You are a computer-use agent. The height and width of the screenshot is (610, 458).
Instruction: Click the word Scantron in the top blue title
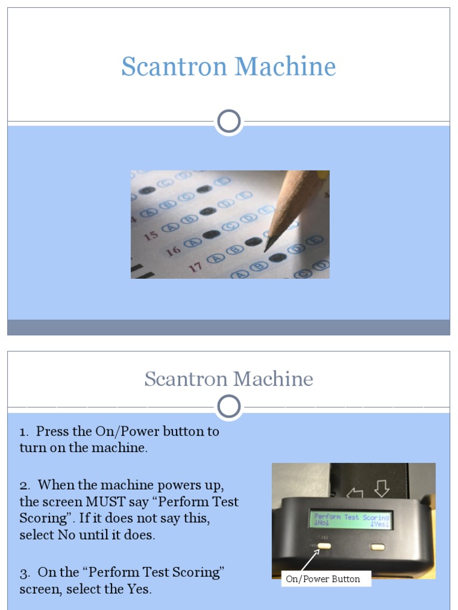pos(174,67)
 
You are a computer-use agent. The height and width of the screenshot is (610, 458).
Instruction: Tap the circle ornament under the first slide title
pos(228,122)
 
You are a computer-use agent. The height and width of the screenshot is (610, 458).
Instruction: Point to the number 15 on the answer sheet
pos(151,235)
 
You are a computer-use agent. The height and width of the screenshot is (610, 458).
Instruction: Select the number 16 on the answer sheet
pos(173,250)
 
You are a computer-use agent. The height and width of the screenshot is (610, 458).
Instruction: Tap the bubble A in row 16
pos(192,242)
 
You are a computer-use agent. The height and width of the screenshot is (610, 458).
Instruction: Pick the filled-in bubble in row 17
pos(277,257)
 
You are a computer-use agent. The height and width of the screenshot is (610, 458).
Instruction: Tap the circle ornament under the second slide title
pos(228,407)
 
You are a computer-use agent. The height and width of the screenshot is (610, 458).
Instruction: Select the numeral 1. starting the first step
pos(24,431)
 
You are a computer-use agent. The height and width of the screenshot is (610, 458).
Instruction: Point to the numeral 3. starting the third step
pos(24,572)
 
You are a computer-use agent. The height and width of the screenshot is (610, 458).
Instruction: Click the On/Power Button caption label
pos(323,579)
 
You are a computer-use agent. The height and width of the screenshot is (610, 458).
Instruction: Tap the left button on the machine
pos(324,545)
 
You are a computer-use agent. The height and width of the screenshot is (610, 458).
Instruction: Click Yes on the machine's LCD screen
pos(380,525)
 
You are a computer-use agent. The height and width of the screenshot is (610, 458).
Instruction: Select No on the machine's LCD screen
pos(321,525)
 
